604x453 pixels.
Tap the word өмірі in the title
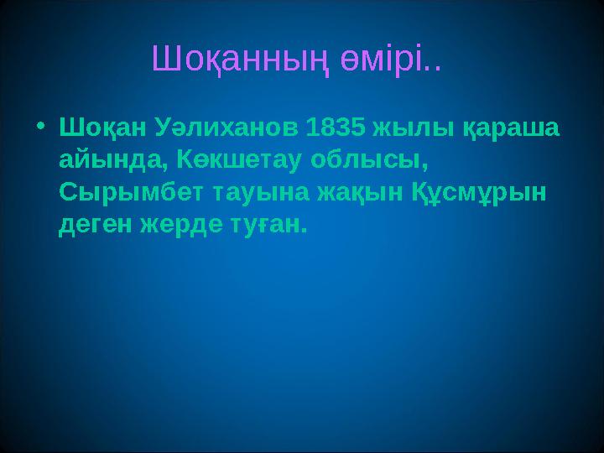(x=381, y=60)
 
